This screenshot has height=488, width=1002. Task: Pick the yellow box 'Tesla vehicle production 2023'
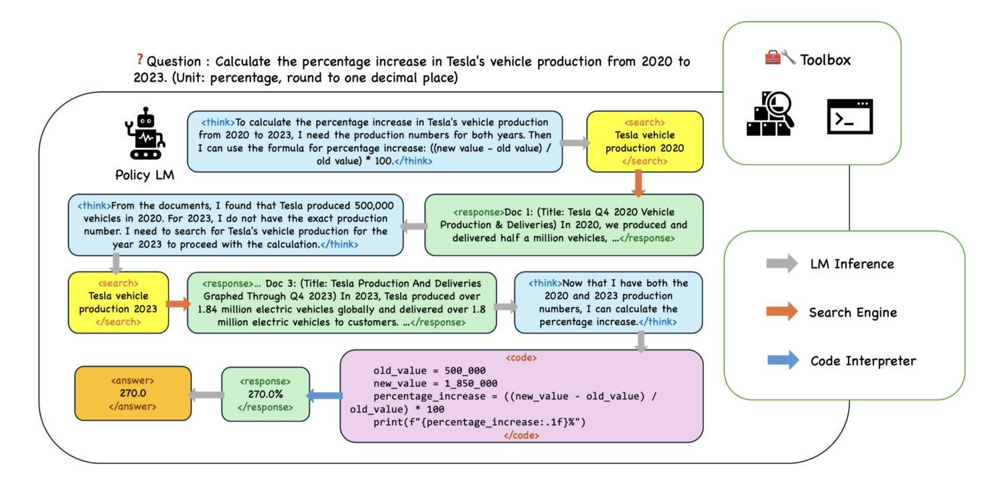[119, 303]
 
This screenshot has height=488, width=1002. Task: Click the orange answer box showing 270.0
[133, 393]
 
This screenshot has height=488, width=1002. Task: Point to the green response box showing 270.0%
[265, 394]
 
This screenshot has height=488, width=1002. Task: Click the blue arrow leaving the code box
[325, 396]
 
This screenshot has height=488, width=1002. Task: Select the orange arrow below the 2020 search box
[638, 182]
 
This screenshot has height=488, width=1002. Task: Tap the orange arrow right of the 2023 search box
[177, 304]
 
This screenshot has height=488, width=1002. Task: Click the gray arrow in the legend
[782, 263]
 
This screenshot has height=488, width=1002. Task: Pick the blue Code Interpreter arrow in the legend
[782, 360]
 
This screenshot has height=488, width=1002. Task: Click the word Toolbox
[825, 60]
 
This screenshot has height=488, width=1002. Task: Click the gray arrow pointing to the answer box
[206, 395]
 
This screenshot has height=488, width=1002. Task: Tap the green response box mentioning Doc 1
[563, 225]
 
